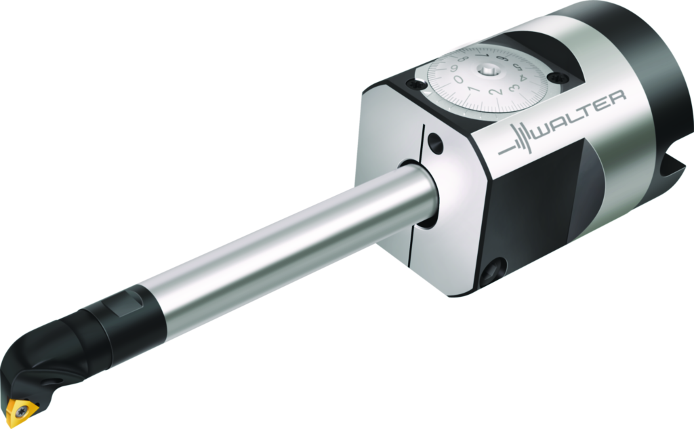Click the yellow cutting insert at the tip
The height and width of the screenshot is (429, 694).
click(22, 411)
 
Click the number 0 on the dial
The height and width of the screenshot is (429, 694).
click(459, 79)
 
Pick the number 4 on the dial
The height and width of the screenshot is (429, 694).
click(522, 78)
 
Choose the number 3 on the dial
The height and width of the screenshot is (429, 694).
click(514, 87)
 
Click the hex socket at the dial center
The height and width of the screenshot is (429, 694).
click(488, 69)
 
